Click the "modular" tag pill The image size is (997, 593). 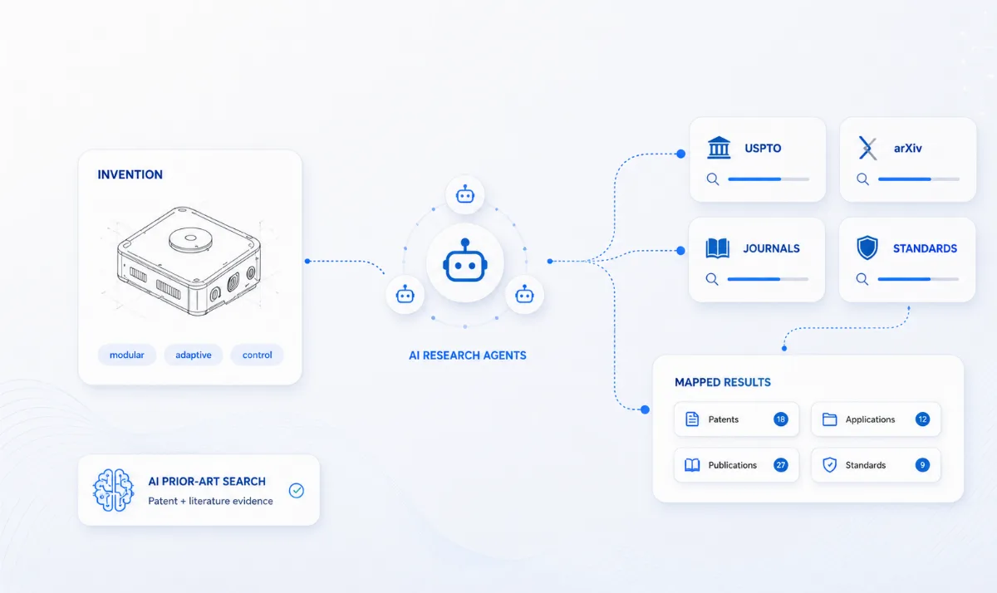click(127, 355)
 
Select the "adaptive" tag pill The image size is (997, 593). click(193, 355)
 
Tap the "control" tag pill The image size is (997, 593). click(257, 355)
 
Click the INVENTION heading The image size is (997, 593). click(130, 174)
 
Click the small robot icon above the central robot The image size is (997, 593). click(465, 194)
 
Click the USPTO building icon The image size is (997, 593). click(719, 148)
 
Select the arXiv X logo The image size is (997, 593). click(867, 148)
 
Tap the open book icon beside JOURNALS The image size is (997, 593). click(718, 248)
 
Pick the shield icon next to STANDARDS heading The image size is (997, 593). click(867, 247)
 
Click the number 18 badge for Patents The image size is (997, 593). click(781, 419)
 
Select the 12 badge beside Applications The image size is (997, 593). click(922, 419)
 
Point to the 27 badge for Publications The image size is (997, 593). click(781, 465)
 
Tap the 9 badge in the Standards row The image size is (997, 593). click(922, 465)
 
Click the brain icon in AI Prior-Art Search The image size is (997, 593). click(113, 490)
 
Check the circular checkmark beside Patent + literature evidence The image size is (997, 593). click(297, 490)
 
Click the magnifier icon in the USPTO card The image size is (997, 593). click(713, 179)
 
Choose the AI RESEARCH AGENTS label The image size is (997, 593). click(467, 355)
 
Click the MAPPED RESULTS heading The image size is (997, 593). click(723, 382)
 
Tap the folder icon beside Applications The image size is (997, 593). click(830, 419)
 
